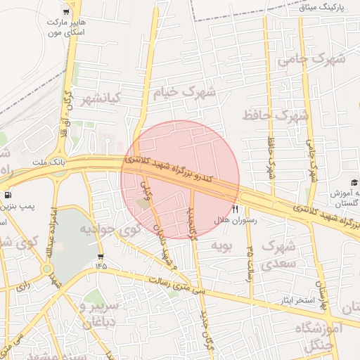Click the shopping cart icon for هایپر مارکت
(66, 12)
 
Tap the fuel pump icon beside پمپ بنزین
(8, 194)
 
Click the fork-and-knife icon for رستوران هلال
(235, 209)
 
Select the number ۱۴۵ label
(101, 266)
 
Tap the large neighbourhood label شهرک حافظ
(276, 114)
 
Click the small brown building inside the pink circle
(143, 202)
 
